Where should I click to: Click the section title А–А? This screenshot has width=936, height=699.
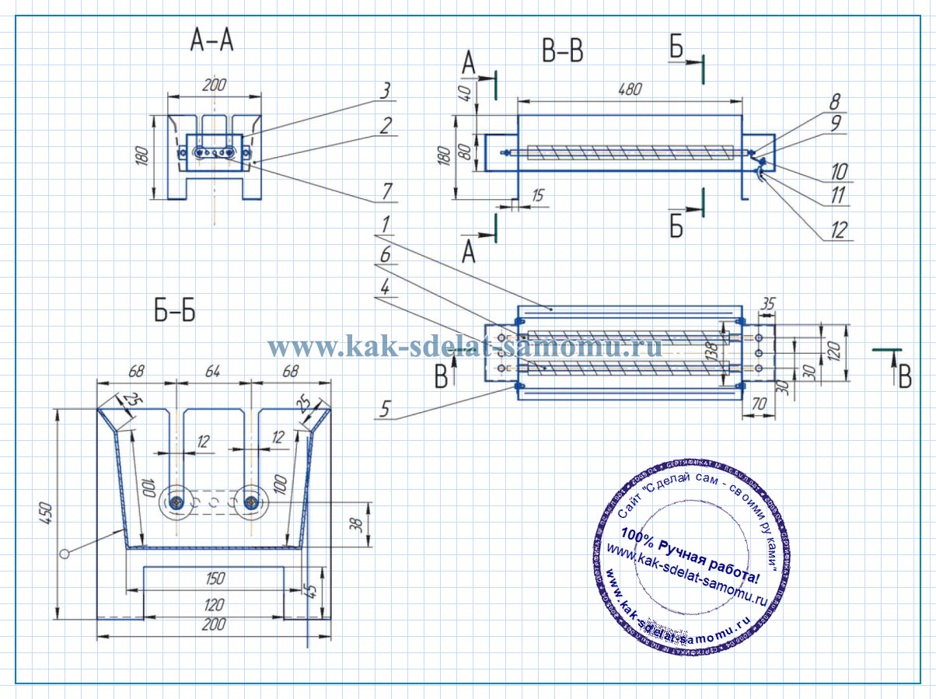click(211, 41)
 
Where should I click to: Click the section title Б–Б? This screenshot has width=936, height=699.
click(174, 312)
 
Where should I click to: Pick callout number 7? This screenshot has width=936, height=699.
click(385, 191)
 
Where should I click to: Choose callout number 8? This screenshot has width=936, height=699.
click(835, 101)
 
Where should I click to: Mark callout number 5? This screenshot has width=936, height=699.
click(383, 409)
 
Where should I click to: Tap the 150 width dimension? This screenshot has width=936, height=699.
click(215, 578)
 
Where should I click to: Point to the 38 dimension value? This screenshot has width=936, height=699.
click(356, 523)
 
